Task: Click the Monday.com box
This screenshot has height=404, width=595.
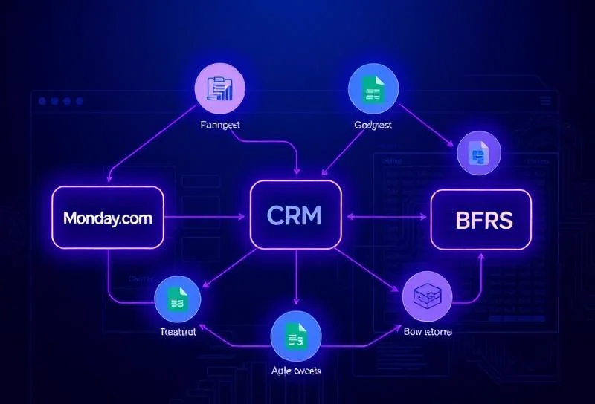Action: click(108, 218)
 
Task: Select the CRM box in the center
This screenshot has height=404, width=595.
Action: click(295, 215)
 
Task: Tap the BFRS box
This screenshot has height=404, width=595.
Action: click(481, 220)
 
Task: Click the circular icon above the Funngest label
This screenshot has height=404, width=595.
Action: click(219, 88)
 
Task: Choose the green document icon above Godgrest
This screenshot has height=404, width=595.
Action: click(373, 88)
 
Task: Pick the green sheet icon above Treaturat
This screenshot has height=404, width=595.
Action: click(178, 300)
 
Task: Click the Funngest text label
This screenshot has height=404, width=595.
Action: click(221, 126)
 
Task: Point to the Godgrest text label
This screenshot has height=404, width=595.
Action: click(373, 126)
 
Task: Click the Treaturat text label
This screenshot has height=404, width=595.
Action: click(178, 332)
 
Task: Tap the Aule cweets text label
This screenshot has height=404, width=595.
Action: click(295, 370)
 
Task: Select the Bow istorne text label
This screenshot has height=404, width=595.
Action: click(428, 331)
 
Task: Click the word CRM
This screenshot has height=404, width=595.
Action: click(295, 215)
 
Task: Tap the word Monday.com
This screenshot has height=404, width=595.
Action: click(108, 218)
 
